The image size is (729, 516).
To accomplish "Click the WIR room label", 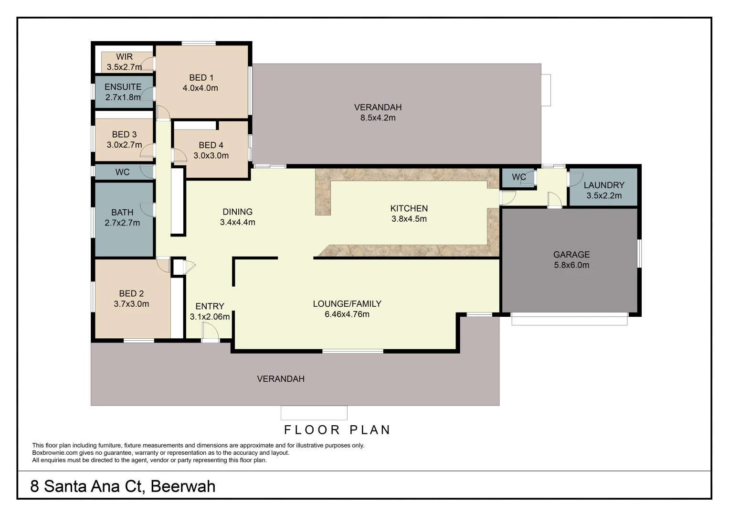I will point(124,57).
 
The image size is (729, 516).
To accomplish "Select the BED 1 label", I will point(201,77).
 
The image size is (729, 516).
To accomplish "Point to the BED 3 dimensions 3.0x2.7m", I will point(124,145).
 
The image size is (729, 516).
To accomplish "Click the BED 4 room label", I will point(211,145).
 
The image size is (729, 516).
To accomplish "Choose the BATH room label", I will point(122,212).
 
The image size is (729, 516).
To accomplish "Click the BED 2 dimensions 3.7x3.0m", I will point(131,304).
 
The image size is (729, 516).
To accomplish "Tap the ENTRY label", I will point(210,306).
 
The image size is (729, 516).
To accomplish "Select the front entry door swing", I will point(210,331).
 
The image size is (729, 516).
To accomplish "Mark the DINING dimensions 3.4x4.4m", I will point(237,222).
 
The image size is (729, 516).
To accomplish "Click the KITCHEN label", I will point(409,208).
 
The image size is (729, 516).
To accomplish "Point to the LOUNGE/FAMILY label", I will point(347,303).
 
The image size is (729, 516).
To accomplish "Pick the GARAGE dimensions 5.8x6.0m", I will point(571,265).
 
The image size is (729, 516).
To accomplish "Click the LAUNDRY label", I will point(604,185).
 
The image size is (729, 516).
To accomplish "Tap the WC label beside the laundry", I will point(518,177).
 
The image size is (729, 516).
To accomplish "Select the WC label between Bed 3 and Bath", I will point(122,172).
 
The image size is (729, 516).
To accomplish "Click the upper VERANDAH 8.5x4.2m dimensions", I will point(378,118).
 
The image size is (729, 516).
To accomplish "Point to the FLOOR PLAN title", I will point(338,430).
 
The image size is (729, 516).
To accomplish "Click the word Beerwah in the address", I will point(183,486).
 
